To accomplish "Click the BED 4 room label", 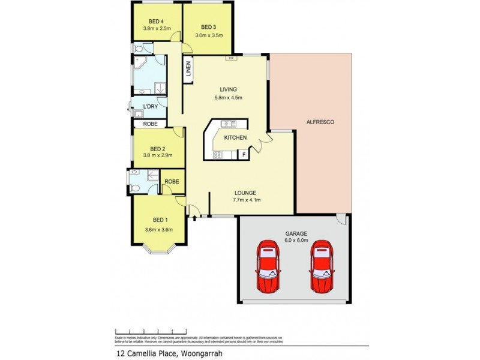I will pyautogui.click(x=157, y=22).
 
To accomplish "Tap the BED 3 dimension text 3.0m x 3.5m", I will pyautogui.click(x=209, y=35).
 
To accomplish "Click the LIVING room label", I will pyautogui.click(x=227, y=89).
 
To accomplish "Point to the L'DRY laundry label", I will pyautogui.click(x=150, y=107).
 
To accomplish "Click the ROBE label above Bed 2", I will pyautogui.click(x=150, y=124).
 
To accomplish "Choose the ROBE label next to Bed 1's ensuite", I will pyautogui.click(x=172, y=181).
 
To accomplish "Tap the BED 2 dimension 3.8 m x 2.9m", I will pyautogui.click(x=158, y=155).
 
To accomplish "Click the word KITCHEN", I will pyautogui.click(x=235, y=138).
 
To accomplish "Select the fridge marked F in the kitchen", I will pyautogui.click(x=244, y=155).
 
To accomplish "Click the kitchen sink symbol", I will pyautogui.click(x=227, y=124).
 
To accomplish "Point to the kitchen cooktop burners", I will pyautogui.click(x=217, y=155).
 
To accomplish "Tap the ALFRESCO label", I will pyautogui.click(x=321, y=122).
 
